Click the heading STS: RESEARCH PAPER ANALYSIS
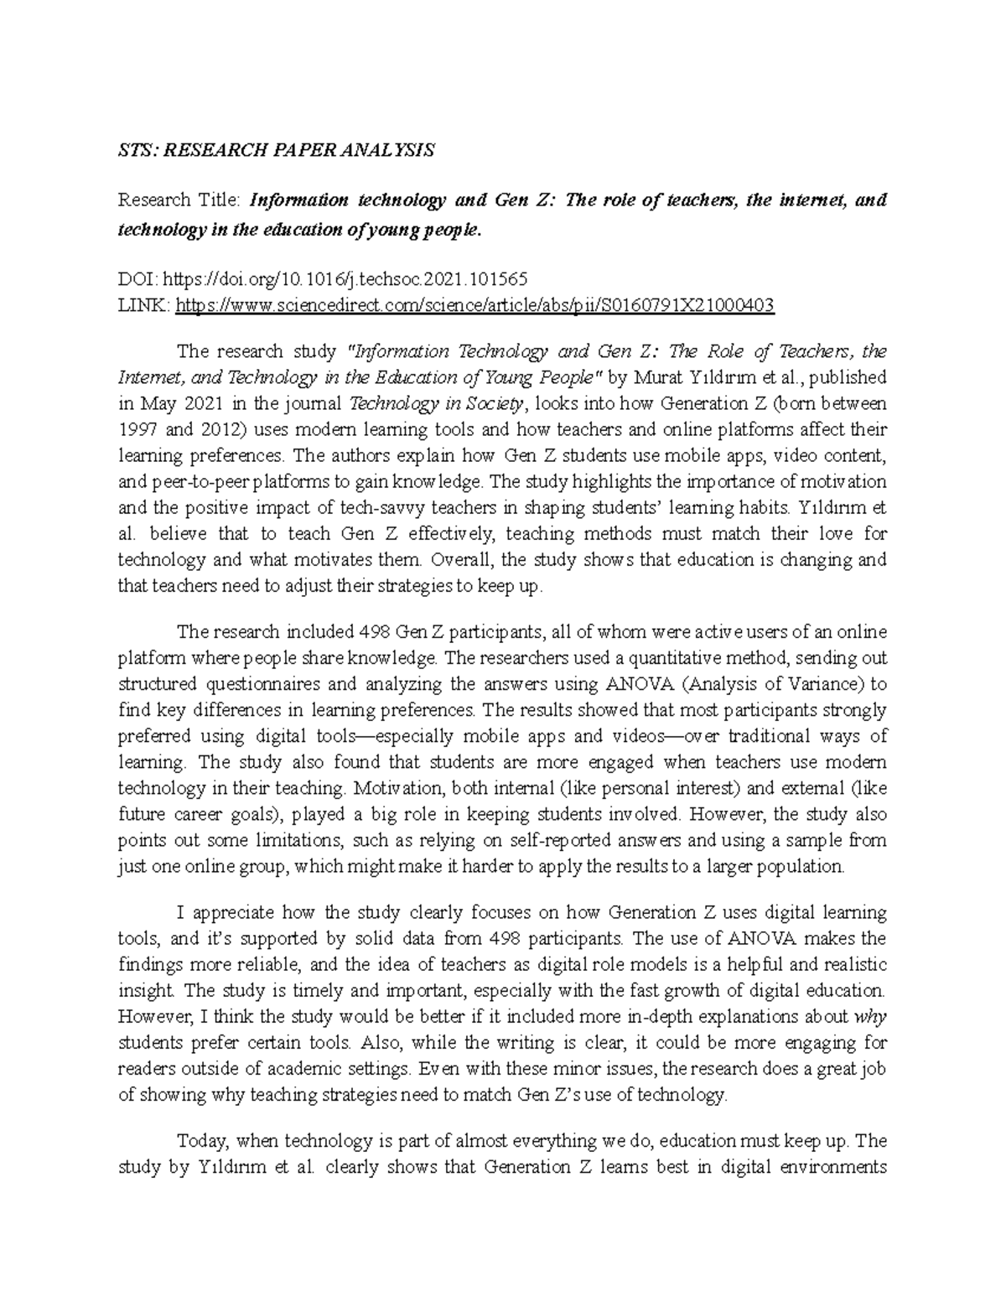[276, 150]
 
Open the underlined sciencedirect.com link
[474, 307]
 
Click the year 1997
[136, 429]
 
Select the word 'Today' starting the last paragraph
[202, 1141]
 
